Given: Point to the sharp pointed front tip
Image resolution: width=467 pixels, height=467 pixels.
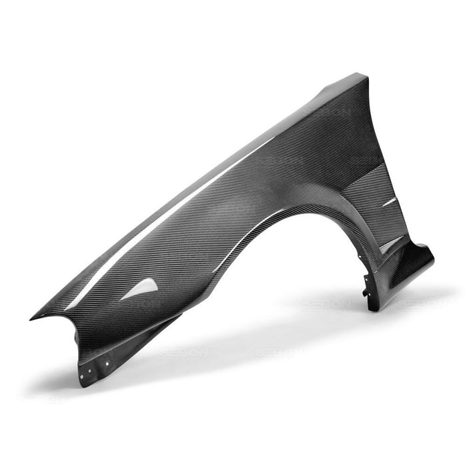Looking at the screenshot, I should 32,318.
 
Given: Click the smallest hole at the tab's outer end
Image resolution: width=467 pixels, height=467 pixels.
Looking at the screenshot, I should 81,376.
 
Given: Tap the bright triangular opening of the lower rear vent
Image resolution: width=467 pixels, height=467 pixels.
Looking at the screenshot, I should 391,244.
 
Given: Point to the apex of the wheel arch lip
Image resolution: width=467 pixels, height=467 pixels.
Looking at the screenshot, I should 294,211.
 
